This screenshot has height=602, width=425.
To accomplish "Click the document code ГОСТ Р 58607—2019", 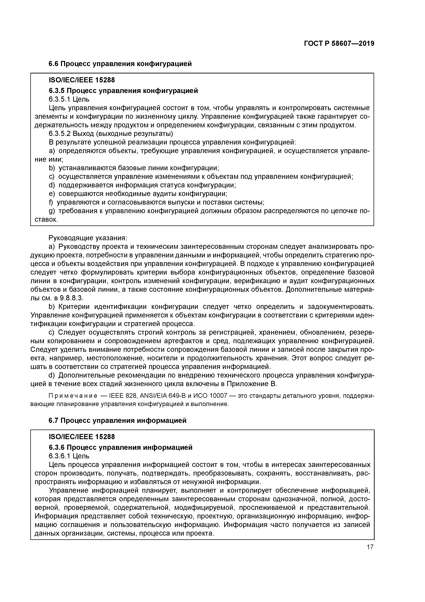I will (x=339, y=44).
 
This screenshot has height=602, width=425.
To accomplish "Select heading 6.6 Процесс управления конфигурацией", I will (x=120, y=64).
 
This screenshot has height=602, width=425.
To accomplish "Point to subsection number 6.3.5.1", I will (x=59, y=99).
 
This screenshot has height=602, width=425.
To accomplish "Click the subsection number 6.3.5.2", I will (x=59, y=134).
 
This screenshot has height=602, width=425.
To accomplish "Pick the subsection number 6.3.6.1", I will (x=59, y=456).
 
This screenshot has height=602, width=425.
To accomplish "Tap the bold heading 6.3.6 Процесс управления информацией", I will (x=120, y=447).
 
